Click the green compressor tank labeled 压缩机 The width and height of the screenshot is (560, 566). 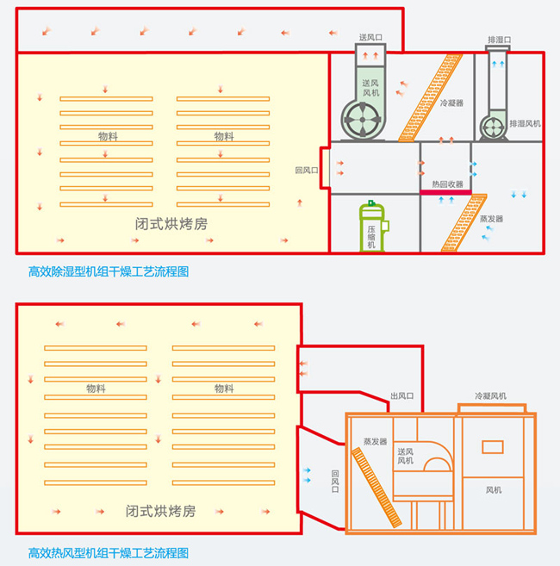[x=371, y=226]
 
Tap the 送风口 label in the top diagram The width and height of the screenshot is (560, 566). [x=370, y=38]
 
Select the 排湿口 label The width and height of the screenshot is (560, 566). [x=499, y=40]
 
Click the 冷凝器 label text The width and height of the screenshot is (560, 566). [x=451, y=103]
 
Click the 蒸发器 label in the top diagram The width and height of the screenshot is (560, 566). [x=491, y=219]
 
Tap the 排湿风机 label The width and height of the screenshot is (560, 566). [x=525, y=123]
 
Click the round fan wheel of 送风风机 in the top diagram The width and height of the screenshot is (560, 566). [x=362, y=120]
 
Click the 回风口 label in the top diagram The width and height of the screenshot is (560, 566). [x=306, y=171]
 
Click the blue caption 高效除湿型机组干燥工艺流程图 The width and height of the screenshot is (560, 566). [x=108, y=271]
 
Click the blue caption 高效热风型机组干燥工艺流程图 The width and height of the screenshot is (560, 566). [x=108, y=552]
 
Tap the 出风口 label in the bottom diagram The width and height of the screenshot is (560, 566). [x=402, y=395]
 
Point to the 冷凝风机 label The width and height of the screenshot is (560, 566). [x=490, y=396]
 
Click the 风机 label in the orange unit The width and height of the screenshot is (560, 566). [x=494, y=490]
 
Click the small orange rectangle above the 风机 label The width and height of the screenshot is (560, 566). [x=492, y=446]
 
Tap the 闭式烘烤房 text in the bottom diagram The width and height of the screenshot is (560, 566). [x=160, y=511]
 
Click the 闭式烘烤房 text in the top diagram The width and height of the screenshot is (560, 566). [x=171, y=223]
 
